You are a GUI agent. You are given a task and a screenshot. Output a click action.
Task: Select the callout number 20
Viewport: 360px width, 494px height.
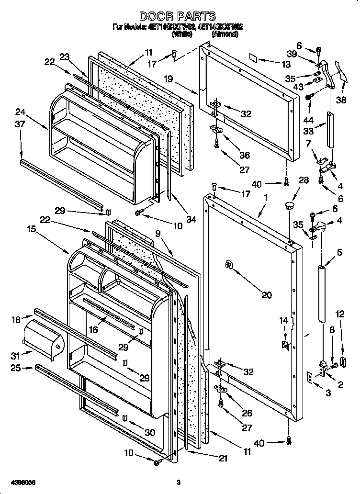[x=266, y=295]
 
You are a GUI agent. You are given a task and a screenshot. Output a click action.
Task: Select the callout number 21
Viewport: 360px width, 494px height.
[x=224, y=458]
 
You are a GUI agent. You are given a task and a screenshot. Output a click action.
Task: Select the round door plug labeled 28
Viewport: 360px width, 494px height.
[x=289, y=205]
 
